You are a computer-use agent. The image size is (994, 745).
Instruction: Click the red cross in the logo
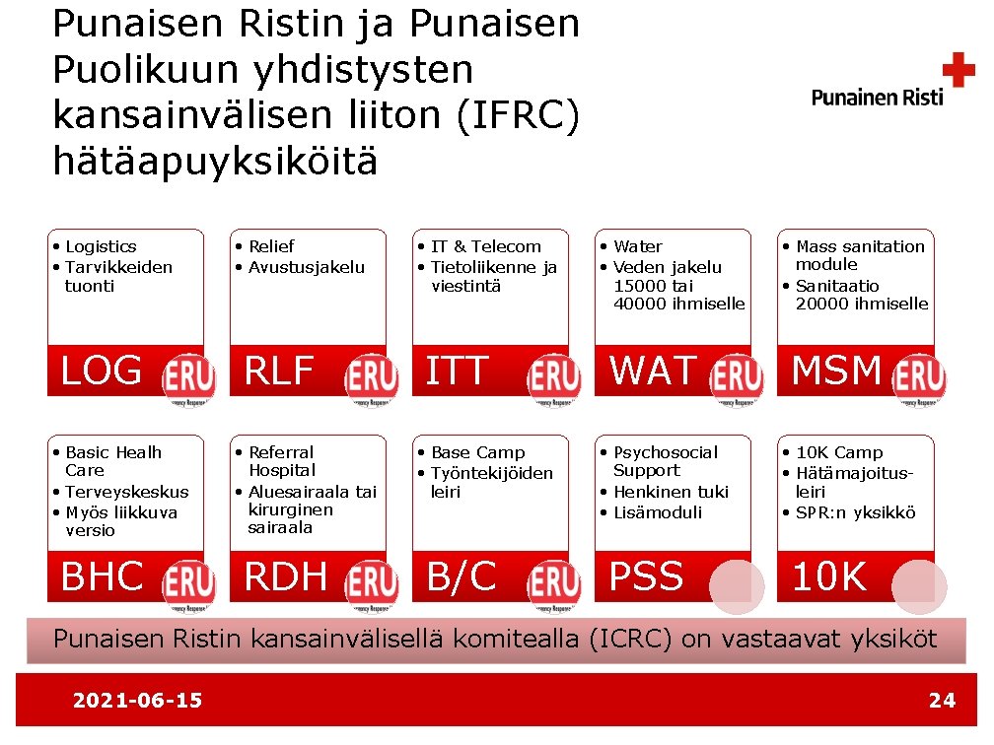coord(958,71)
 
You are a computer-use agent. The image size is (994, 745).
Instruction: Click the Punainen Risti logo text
coord(877,97)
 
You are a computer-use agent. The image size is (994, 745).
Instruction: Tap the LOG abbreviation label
coord(102,372)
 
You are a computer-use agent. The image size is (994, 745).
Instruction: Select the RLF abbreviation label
coord(279,372)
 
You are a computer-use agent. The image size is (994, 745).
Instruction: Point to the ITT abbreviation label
coord(457,372)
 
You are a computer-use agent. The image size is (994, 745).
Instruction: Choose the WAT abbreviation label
coord(653,372)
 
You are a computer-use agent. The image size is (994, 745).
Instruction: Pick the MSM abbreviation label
coord(836,372)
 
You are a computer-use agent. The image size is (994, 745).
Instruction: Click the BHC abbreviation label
coord(103,577)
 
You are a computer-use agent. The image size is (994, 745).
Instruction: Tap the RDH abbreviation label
coord(286,577)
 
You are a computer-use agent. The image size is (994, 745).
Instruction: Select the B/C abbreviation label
coord(461,577)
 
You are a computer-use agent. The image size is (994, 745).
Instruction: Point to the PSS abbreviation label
coord(647,577)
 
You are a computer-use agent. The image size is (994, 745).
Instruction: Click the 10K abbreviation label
coord(829,577)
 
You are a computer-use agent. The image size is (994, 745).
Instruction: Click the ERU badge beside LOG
coord(189,378)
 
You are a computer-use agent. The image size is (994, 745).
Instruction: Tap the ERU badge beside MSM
coord(919,378)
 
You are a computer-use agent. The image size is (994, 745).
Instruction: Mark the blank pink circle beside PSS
coord(737,586)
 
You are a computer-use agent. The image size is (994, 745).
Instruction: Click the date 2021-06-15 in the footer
coord(137,701)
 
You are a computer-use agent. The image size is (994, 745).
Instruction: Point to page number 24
coord(942,701)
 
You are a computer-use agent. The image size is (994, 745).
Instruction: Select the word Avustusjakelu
coord(307,267)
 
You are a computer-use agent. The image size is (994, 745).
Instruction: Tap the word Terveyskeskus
coord(127,492)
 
